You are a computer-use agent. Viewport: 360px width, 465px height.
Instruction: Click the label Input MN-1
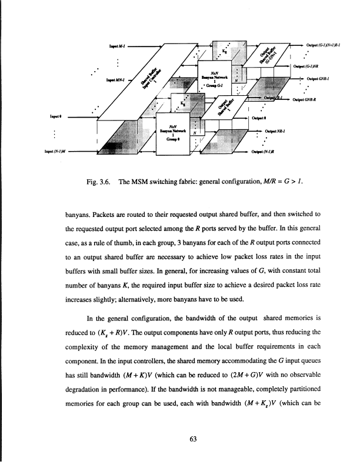coord(116,80)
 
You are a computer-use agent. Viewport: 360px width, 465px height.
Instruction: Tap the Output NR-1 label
coord(276,131)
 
